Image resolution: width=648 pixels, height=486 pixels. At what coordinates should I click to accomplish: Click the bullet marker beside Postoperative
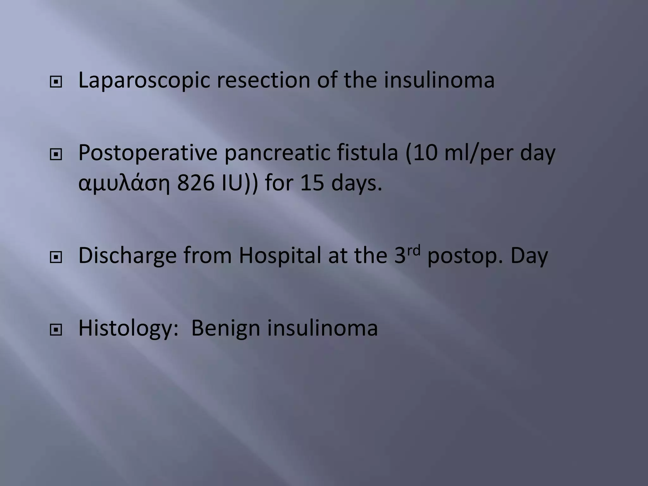(x=56, y=155)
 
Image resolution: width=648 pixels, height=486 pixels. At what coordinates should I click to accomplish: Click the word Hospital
(x=280, y=256)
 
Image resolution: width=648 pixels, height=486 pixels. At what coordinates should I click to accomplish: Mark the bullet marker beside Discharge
(x=56, y=258)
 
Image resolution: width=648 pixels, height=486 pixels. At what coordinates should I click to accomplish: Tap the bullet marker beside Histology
(x=56, y=330)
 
